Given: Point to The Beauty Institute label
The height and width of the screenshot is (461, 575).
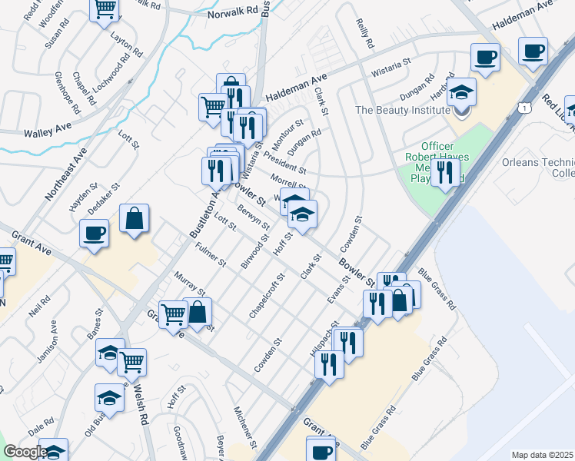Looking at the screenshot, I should tap(401, 110).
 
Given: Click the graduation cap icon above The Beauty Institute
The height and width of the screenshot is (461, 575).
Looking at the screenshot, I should tap(461, 93).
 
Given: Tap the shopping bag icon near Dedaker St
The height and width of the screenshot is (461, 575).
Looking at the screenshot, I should tap(135, 219).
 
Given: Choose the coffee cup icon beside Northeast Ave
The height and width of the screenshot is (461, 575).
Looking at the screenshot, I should tap(95, 234).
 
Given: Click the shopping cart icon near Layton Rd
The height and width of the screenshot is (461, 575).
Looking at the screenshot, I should tap(105, 10).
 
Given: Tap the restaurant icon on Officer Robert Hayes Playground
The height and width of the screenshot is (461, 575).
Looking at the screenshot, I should tap(444, 172).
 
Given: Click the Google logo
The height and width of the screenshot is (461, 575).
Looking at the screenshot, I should tap(25, 452).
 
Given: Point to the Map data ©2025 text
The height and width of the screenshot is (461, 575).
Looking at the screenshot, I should tap(542, 455).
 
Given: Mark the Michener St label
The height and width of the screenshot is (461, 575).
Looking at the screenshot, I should tap(244, 429).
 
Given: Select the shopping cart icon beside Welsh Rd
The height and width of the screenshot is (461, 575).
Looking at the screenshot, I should tap(132, 360).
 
